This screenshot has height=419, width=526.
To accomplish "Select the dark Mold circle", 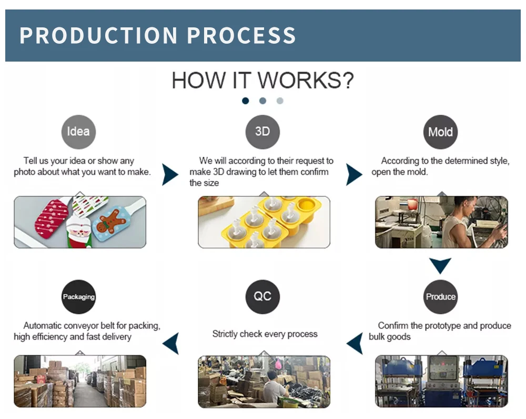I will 440,132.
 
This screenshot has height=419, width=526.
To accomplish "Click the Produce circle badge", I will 440,296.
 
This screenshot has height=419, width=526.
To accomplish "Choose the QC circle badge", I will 262,296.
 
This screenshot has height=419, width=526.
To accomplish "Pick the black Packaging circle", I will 78,296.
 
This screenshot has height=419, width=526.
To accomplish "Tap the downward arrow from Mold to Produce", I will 440,265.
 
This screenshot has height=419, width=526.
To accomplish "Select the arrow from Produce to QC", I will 355,343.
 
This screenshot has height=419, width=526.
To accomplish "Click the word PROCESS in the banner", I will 241,35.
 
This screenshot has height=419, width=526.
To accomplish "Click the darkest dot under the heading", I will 245,101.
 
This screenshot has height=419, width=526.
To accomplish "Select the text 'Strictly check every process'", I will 265,334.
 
